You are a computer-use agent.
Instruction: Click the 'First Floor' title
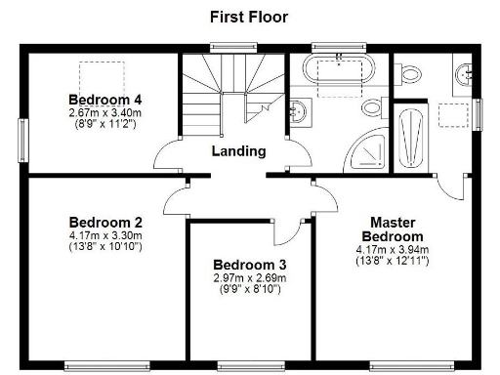pyautogui.click(x=249, y=17)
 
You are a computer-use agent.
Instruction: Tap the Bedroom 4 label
pyautogui.click(x=104, y=100)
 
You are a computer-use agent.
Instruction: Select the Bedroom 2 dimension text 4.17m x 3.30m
pyautogui.click(x=105, y=234)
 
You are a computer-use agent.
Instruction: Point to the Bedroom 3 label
pyautogui.click(x=249, y=265)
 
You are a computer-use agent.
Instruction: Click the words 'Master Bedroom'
pyautogui.click(x=392, y=229)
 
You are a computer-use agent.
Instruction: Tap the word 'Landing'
pyautogui.click(x=238, y=150)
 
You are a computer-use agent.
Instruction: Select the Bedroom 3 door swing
pyautogui.click(x=287, y=230)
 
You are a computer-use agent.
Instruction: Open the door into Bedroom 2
pyautogui.click(x=176, y=201)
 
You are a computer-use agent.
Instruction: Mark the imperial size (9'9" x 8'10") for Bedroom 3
pyautogui.click(x=249, y=290)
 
